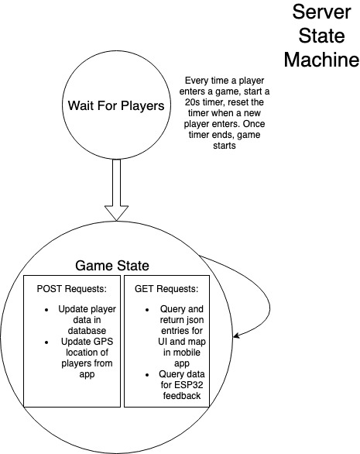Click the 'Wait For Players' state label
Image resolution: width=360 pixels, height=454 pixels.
click(116, 105)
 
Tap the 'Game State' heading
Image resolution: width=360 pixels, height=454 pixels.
click(112, 266)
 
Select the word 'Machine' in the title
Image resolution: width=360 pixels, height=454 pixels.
click(321, 60)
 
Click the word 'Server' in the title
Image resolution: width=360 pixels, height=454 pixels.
click(321, 12)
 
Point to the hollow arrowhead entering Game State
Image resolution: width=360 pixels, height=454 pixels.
click(116, 213)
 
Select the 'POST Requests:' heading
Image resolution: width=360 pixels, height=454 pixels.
click(72, 289)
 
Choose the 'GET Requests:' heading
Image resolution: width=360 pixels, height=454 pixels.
click(166, 289)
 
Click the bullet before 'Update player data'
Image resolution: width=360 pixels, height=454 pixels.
click(46, 310)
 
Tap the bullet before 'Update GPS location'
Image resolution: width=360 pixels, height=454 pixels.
click(46, 342)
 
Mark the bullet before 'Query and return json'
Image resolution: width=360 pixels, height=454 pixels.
click(147, 310)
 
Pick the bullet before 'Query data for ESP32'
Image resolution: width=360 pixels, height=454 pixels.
click(147, 375)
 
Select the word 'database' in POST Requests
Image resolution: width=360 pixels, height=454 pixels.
click(87, 331)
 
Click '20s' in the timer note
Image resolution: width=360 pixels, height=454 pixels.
click(193, 102)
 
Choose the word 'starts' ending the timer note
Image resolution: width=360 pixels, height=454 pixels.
click(225, 146)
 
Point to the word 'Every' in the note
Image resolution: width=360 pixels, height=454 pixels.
click(196, 81)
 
